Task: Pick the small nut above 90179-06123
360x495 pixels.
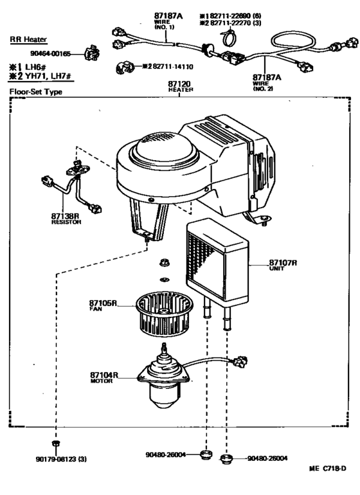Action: point(55,444)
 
